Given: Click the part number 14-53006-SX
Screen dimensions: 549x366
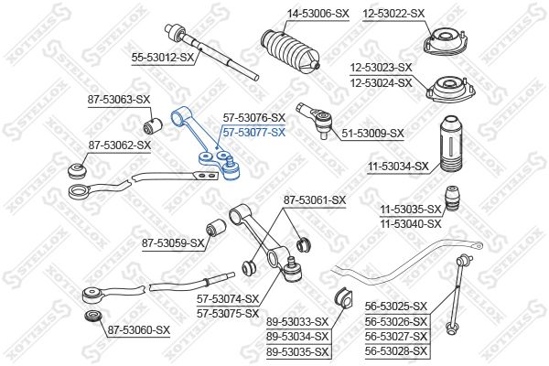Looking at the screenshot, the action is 318,14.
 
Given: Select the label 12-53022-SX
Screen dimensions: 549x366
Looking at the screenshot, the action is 393,14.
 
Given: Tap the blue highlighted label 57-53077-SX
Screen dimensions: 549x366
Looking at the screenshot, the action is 254,133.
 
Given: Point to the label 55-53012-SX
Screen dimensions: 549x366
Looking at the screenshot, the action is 163,57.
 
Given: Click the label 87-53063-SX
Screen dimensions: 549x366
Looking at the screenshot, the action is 119,100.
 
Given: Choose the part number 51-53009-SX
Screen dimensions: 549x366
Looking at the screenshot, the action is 372,133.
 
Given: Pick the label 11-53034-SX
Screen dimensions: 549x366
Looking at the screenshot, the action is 398,167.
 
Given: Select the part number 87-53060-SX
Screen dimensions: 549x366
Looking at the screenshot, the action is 139,330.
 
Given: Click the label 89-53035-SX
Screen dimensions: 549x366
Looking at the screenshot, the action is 297,351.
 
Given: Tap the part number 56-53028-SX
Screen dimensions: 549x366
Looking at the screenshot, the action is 396,350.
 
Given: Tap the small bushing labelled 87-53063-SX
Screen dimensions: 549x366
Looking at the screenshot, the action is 153,125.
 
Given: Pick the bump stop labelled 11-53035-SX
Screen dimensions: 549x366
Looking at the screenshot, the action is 451,199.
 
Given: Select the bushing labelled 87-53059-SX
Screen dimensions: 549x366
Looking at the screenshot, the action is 215,227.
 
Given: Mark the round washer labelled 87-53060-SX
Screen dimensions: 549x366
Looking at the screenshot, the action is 93,317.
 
